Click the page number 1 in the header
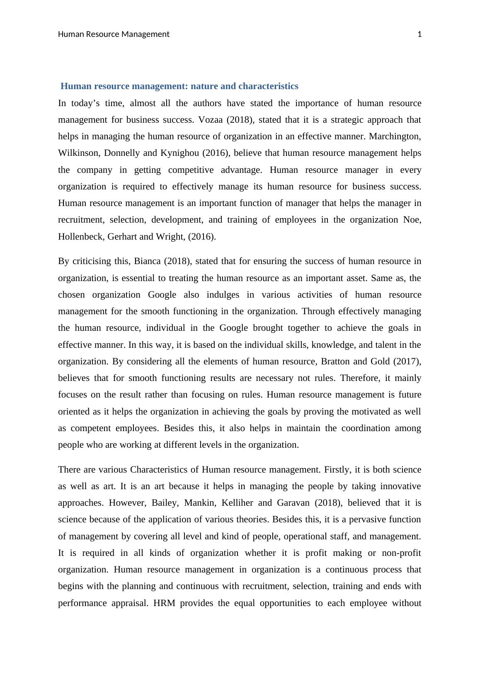(x=419, y=34)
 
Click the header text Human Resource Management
(x=114, y=34)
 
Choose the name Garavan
(x=294, y=503)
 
